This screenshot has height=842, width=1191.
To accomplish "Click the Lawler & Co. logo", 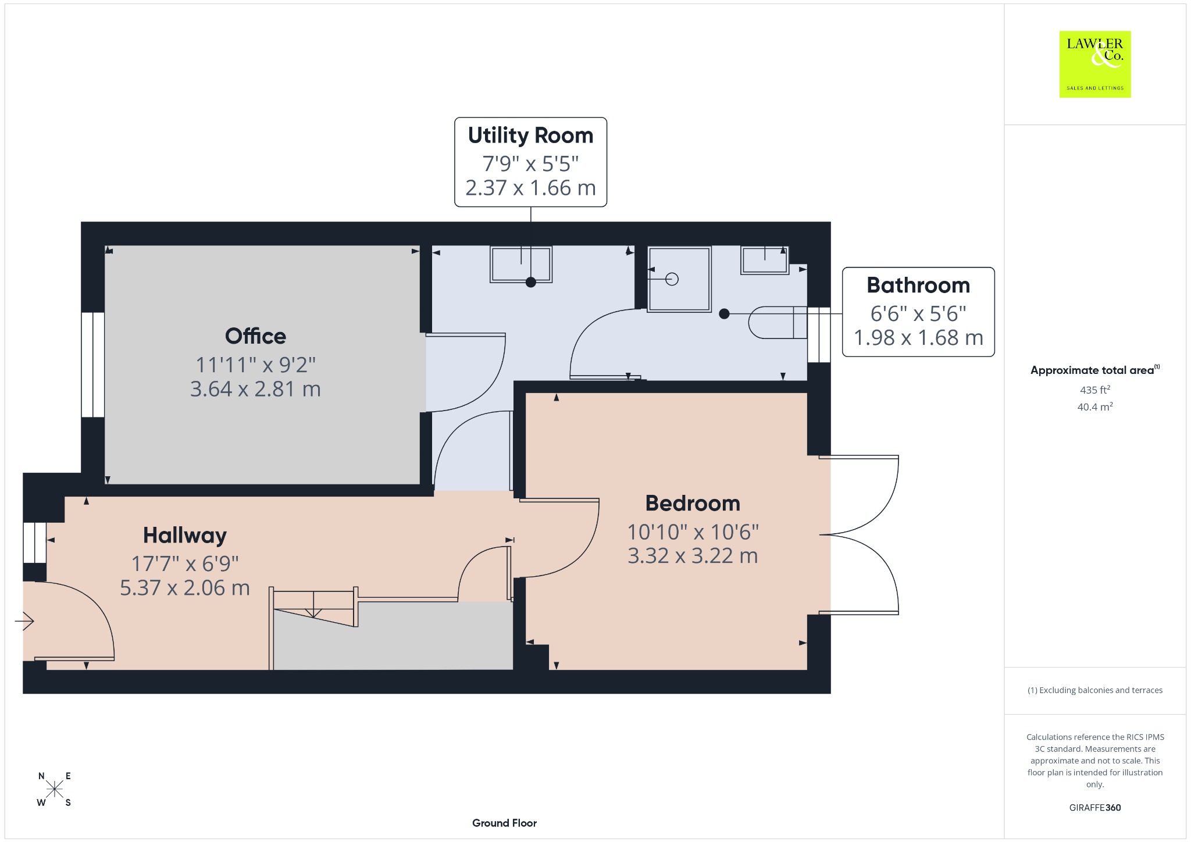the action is click(x=1095, y=64).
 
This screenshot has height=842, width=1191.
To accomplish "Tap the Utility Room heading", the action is click(x=530, y=135).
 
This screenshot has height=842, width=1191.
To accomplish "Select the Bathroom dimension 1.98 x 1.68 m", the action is click(x=918, y=338).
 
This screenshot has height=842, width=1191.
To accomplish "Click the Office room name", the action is click(x=255, y=336).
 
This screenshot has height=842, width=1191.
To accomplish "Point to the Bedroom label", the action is click(x=693, y=504).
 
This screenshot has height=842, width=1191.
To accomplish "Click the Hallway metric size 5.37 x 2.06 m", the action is click(x=185, y=588).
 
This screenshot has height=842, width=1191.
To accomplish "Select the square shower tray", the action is click(x=679, y=279).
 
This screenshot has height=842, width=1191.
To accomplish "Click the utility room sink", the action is click(x=521, y=265).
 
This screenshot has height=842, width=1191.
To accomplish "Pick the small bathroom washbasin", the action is click(x=765, y=259).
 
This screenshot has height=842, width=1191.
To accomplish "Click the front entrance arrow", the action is click(x=24, y=622).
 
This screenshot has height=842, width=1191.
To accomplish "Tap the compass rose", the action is click(x=55, y=789).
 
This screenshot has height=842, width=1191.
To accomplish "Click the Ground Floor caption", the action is click(x=504, y=823).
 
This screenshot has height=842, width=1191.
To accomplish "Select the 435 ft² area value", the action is click(x=1095, y=390).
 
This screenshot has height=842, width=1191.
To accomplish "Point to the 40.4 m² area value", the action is click(x=1095, y=406).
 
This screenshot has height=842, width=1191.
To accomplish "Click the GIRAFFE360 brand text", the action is click(x=1095, y=807).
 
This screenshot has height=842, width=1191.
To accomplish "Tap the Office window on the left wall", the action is click(x=92, y=365).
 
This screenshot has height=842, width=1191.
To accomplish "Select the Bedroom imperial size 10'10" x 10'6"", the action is click(x=693, y=531).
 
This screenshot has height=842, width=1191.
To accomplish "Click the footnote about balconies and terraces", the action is click(x=1095, y=690).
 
